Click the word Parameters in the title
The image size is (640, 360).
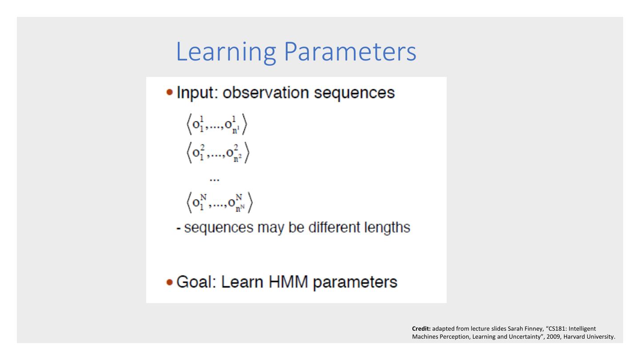click(x=350, y=52)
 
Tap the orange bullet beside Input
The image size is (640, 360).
click(x=170, y=92)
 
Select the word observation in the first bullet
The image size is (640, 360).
click(x=265, y=92)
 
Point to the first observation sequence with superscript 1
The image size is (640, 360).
click(x=217, y=124)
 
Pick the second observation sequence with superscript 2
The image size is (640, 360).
click(x=218, y=153)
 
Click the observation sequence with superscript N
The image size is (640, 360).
click(x=220, y=203)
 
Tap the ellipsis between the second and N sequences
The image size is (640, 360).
click(x=215, y=180)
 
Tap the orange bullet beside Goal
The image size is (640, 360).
click(x=170, y=282)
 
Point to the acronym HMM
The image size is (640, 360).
click(x=288, y=282)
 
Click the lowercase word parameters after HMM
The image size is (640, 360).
click(x=355, y=283)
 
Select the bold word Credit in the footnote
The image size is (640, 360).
click(x=421, y=328)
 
